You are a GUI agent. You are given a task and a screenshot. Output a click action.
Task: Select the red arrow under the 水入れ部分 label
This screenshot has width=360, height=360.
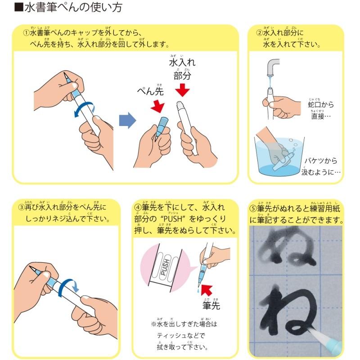[x=182, y=90]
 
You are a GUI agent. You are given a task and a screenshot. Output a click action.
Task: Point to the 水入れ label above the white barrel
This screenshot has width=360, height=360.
[x=181, y=62]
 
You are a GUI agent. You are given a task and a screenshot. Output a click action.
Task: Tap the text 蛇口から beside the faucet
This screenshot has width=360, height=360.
[x=321, y=105]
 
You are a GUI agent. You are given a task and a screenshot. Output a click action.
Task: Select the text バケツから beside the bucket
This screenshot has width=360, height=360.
[x=321, y=161]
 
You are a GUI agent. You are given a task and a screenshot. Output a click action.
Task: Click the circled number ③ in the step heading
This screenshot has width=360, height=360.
[x=21, y=208]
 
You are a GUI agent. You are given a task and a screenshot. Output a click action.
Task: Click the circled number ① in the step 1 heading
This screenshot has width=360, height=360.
[x=27, y=33]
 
